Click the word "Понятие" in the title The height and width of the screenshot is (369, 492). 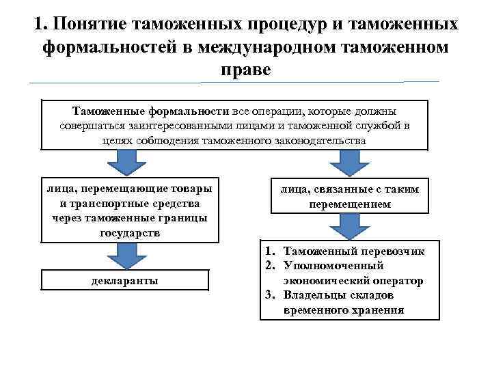tap(94, 25)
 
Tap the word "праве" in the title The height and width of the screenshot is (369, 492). tap(246, 70)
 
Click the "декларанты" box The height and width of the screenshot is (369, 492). tap(124, 280)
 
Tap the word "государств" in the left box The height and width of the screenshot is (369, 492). tap(129, 233)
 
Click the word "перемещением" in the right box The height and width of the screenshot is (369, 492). tap(350, 204)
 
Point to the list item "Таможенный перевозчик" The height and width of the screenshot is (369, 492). tap(353, 251)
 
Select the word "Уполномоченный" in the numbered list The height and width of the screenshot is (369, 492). tap(333, 266)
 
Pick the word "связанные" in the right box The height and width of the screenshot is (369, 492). tap(335, 189)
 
